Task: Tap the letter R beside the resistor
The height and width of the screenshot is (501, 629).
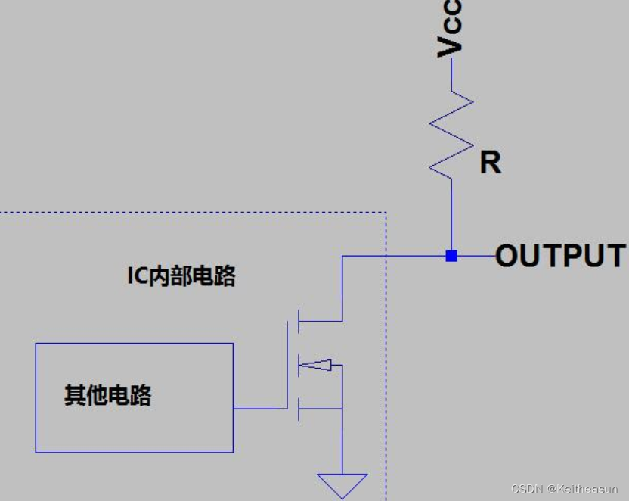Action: click(x=490, y=163)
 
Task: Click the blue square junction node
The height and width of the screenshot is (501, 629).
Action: click(x=451, y=256)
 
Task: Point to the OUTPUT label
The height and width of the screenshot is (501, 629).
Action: click(x=560, y=256)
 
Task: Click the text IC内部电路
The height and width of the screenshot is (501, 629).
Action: click(x=181, y=276)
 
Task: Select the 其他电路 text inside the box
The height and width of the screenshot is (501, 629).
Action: click(x=107, y=395)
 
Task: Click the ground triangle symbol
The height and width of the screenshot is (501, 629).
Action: click(x=342, y=484)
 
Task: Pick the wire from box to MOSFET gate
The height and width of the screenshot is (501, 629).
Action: click(x=260, y=409)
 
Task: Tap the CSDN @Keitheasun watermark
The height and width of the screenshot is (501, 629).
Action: click(x=564, y=490)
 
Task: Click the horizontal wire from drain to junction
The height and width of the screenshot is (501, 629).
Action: click(x=393, y=256)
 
